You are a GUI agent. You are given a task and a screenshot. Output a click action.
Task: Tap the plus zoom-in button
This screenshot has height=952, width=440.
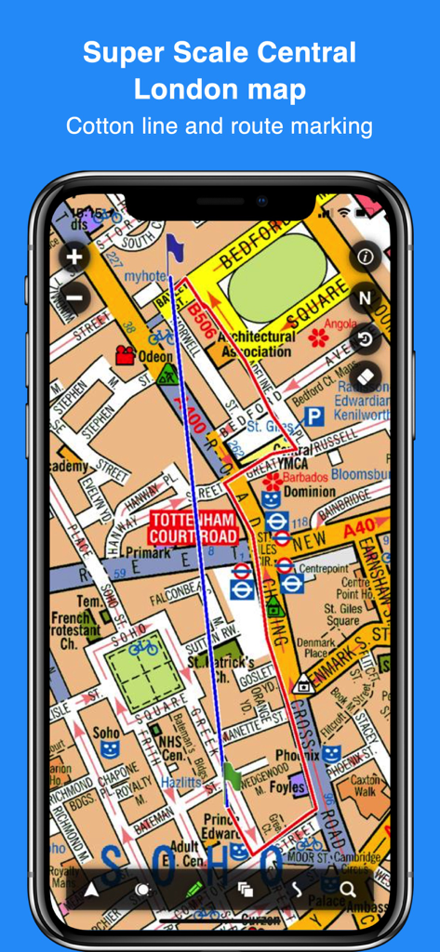74,257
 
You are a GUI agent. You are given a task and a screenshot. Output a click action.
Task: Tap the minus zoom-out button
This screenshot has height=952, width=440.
74,298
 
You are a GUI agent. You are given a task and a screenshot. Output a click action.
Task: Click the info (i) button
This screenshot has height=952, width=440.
365,256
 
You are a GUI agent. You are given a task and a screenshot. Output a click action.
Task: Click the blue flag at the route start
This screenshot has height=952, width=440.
173,246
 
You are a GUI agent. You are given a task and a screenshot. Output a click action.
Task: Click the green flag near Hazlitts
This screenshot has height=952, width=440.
232,774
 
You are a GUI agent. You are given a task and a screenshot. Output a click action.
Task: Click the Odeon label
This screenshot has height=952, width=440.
155,356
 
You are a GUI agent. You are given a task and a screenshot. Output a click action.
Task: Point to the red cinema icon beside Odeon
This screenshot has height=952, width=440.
124,354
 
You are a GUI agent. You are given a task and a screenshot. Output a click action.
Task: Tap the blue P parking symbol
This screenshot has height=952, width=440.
315,416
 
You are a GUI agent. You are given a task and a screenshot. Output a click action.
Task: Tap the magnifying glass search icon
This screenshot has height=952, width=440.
348,889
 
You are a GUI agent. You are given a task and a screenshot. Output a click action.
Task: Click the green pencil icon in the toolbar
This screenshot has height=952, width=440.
194,889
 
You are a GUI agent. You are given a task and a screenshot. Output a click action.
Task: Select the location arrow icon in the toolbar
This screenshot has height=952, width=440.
91,890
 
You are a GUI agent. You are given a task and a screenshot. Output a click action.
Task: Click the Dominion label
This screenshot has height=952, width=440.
310,492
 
